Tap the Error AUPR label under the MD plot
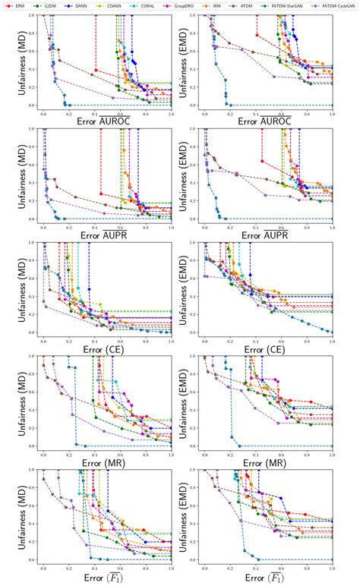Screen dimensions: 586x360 (107, 235)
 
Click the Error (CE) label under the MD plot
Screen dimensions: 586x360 (107, 349)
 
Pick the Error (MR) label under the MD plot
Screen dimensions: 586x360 (107, 462)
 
